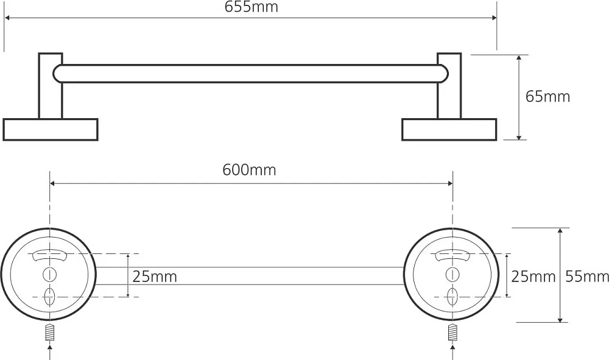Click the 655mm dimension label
252,7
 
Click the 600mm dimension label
249,170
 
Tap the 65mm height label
547,96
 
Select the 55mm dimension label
587,277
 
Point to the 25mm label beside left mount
155,277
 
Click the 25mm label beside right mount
533,277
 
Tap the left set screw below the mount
49,332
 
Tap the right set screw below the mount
452,332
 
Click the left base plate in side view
50,130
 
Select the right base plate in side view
449,130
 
